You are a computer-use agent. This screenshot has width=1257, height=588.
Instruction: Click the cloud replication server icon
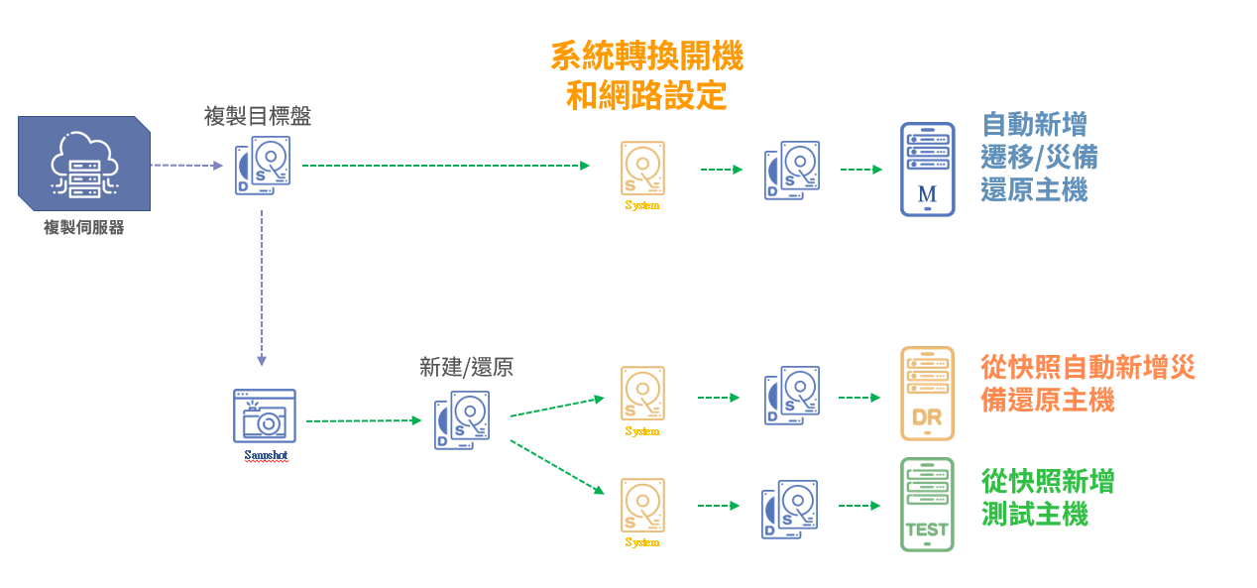click(x=83, y=163)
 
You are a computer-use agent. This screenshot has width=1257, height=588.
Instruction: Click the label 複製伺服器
click(x=83, y=227)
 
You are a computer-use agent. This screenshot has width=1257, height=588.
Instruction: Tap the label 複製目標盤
click(x=257, y=116)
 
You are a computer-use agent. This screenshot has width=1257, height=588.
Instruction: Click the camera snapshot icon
click(x=264, y=415)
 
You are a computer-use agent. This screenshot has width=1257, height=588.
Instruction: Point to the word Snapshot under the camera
click(x=266, y=456)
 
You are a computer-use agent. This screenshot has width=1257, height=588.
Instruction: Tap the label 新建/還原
click(x=466, y=367)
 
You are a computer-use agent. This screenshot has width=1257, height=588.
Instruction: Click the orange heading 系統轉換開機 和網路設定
click(x=646, y=75)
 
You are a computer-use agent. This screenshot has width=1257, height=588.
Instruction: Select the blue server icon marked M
click(x=927, y=169)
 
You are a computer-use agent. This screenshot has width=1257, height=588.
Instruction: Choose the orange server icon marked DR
click(x=927, y=393)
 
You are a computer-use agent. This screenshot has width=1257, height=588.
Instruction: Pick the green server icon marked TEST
click(x=927, y=504)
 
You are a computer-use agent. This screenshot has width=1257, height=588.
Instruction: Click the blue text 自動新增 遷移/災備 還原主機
click(x=1038, y=157)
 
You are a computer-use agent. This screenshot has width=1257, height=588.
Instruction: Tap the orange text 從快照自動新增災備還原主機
click(x=1086, y=384)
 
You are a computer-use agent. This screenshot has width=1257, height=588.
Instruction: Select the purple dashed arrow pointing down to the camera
click(x=262, y=288)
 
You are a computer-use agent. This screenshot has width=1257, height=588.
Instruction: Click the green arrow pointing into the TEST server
click(x=859, y=505)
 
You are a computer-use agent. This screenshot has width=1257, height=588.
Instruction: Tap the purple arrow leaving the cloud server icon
click(x=189, y=166)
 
